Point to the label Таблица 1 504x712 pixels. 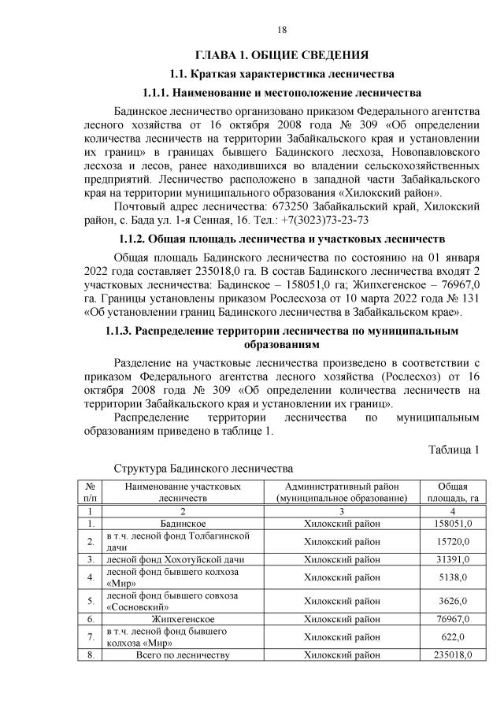(454, 450)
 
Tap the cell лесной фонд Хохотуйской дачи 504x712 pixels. (169, 560)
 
